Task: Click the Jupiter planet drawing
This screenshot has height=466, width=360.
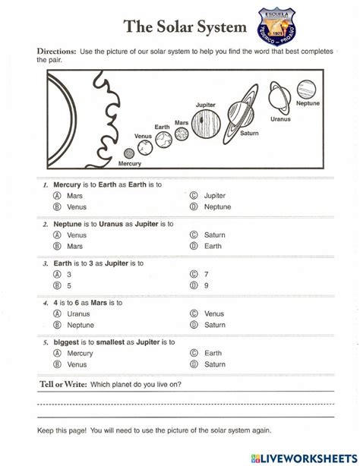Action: (205, 122)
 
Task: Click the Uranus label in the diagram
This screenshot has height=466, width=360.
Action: (279, 119)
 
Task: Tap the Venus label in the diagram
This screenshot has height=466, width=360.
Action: (143, 137)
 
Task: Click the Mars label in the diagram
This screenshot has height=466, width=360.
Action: (182, 121)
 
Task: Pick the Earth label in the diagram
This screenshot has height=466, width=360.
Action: (163, 127)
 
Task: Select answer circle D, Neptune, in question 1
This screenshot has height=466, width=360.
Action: (194, 206)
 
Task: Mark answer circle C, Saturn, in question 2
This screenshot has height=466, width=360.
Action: (194, 235)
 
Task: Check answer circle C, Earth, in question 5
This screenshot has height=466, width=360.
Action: (194, 353)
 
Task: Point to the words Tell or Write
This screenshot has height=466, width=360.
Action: (62, 384)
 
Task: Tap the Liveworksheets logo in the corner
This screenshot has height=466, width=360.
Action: (305, 455)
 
